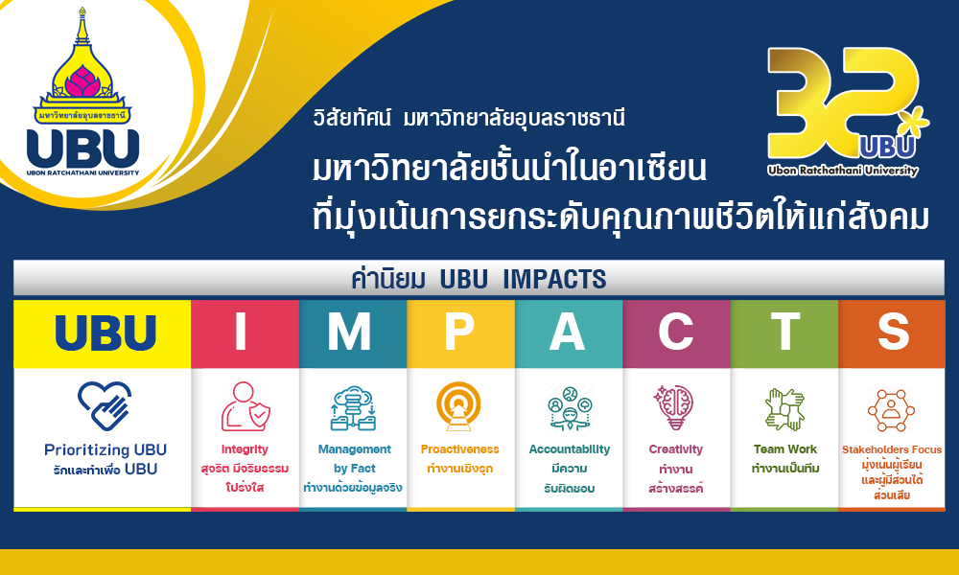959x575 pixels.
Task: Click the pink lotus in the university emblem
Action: tap(82, 81)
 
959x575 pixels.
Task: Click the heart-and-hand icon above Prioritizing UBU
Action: tap(105, 405)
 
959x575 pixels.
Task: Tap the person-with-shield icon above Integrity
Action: tap(246, 406)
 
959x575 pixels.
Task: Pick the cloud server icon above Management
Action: tap(354, 407)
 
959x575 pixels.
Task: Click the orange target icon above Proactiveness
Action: tap(458, 406)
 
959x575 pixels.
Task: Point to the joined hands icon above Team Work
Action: tap(784, 409)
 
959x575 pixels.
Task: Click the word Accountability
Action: tap(570, 449)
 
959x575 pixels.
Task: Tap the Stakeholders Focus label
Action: tap(892, 449)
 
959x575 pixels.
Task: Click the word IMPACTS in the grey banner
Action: tap(554, 279)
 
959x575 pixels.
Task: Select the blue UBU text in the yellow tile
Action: tap(105, 333)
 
